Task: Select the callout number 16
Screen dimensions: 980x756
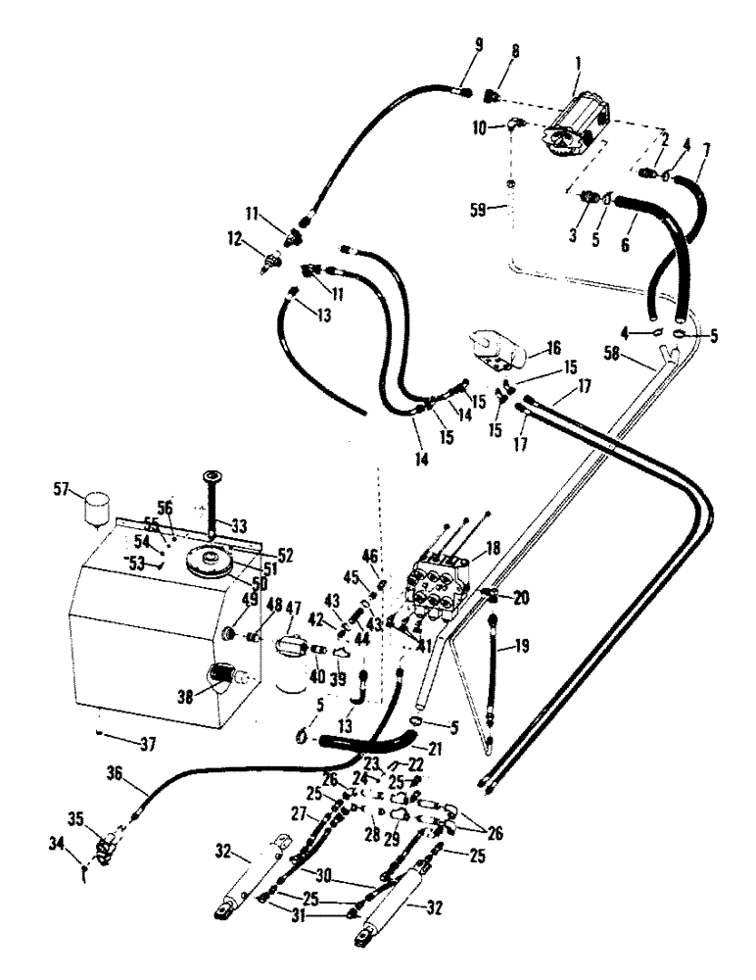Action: pos(553,349)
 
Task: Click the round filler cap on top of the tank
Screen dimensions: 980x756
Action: pos(214,563)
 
